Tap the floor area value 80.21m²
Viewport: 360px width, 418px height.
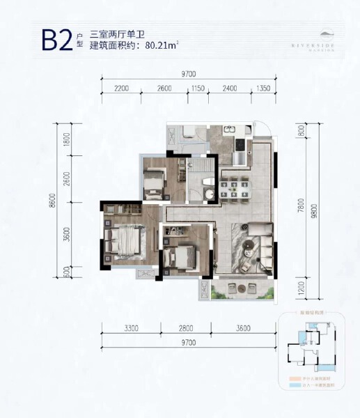162,47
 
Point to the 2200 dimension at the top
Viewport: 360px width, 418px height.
122,89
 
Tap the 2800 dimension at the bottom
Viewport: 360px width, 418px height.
185,328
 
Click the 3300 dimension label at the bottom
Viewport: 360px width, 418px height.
130,328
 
